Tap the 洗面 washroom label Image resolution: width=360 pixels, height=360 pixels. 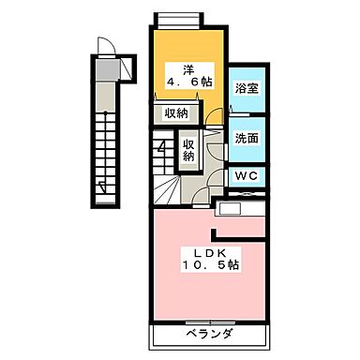(247, 137)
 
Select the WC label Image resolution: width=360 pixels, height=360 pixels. (247, 176)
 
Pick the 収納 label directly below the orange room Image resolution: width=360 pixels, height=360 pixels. (175, 112)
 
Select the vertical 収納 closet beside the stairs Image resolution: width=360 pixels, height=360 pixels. (188, 150)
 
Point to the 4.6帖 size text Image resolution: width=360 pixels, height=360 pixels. (189, 82)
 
